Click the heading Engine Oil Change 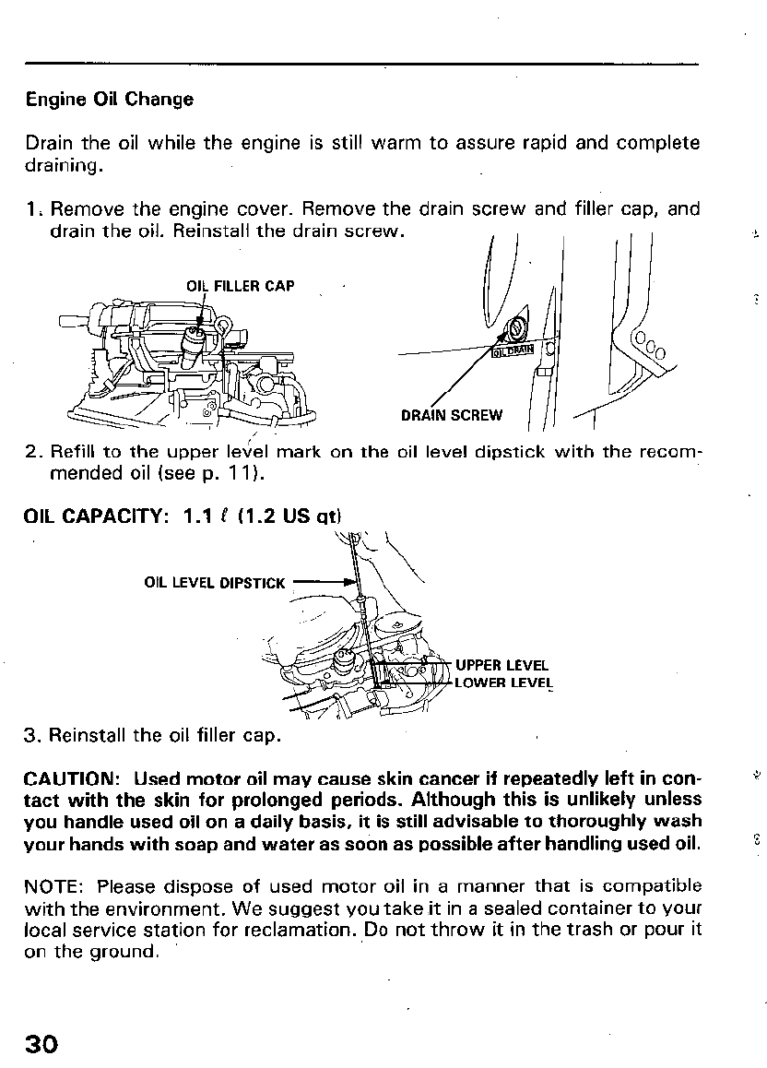[x=110, y=99]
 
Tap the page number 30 [x=42, y=1043]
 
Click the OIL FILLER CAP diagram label [x=241, y=286]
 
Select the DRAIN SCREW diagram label [x=452, y=415]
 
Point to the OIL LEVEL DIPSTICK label [x=216, y=583]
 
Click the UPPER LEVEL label [x=501, y=665]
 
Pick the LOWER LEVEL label [x=503, y=683]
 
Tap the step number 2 [x=32, y=452]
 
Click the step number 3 [x=32, y=735]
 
